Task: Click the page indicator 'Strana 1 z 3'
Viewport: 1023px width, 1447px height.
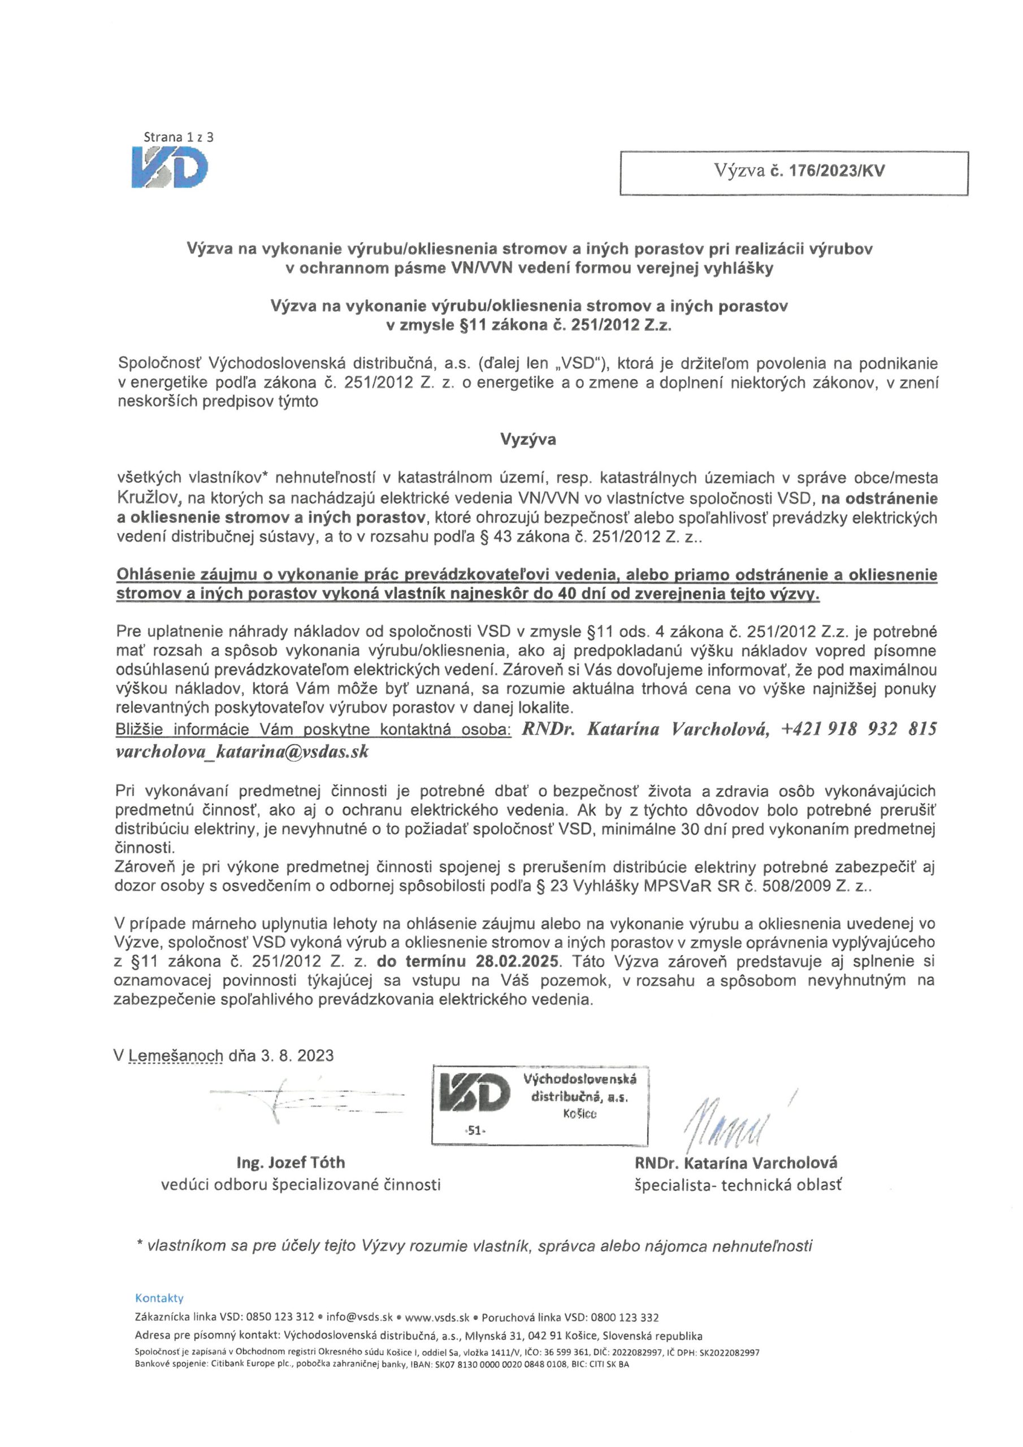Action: click(x=179, y=136)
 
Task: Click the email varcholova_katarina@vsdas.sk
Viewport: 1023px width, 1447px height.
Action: click(x=242, y=751)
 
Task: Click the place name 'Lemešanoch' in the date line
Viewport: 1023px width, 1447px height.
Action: click(x=176, y=1056)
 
